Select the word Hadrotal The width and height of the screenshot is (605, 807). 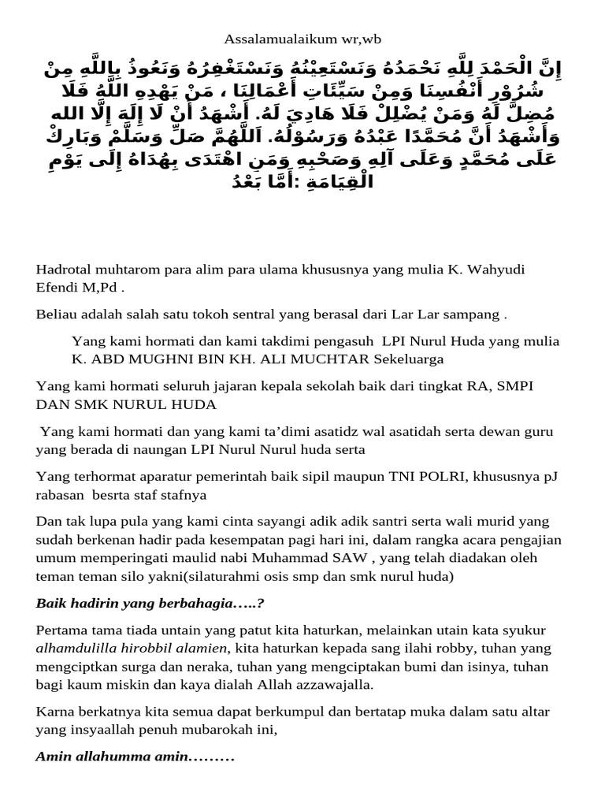63,270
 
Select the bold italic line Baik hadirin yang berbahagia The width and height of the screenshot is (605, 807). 149,603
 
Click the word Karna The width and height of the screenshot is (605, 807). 54,712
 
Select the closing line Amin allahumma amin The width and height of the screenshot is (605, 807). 135,757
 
